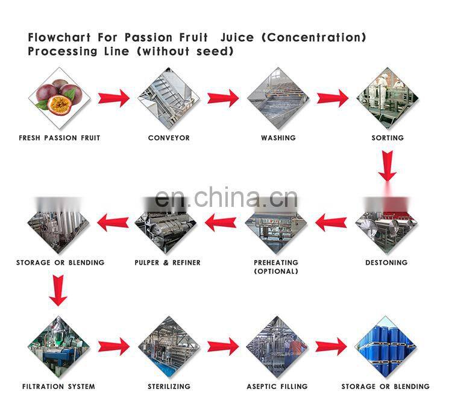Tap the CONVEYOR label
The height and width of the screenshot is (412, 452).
point(169,138)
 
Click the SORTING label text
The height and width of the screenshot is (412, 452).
point(388,138)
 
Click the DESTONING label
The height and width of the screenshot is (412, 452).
point(386,262)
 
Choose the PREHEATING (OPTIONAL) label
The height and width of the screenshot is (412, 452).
point(276,267)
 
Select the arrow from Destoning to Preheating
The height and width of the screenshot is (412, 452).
point(331,223)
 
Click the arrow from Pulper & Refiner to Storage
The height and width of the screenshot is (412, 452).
point(113,223)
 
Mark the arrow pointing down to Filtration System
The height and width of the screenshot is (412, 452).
point(58,290)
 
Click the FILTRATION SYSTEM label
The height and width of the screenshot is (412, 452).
point(58,386)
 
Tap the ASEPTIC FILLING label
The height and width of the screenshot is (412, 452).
point(277,386)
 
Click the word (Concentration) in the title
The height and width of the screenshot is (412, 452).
point(313,37)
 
